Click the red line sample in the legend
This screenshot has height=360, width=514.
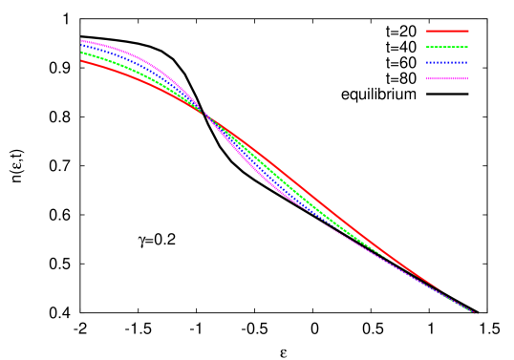pyautogui.click(x=447, y=31)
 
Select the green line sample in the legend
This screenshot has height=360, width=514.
pyautogui.click(x=447, y=47)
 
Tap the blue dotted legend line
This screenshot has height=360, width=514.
pyautogui.click(x=447, y=63)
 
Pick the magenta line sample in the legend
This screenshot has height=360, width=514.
pyautogui.click(x=447, y=78)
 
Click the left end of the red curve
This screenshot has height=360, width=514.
pyautogui.click(x=82, y=61)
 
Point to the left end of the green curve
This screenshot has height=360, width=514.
pyautogui.click(x=82, y=53)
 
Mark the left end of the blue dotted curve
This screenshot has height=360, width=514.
pyautogui.click(x=82, y=46)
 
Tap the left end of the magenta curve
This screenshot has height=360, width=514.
pyautogui.click(x=82, y=40)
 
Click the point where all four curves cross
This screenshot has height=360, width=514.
pyautogui.click(x=203, y=113)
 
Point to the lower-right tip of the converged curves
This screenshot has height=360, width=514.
pyautogui.click(x=474, y=313)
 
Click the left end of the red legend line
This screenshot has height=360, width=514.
pyautogui.click(x=427, y=31)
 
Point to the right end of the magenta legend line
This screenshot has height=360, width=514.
pyautogui.click(x=468, y=78)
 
